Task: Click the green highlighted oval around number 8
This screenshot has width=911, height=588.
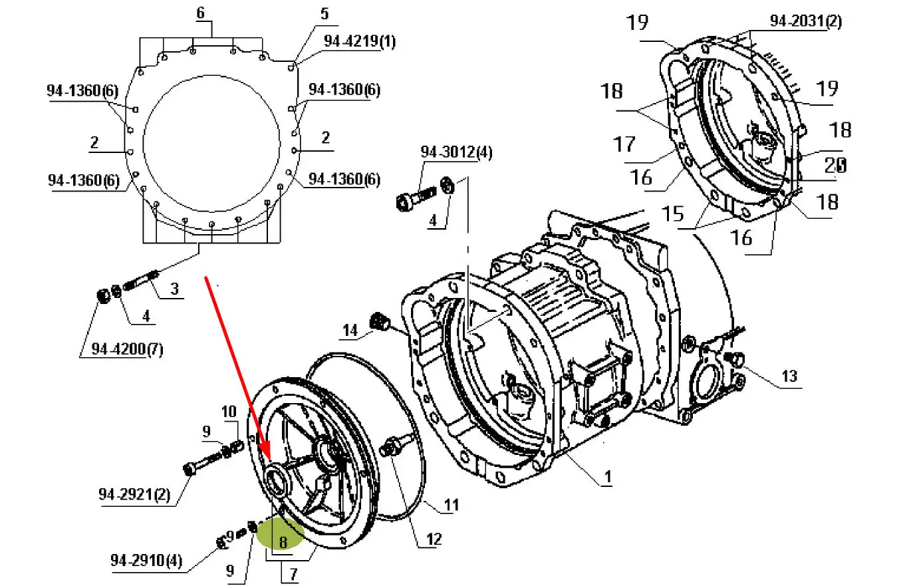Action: point(281,533)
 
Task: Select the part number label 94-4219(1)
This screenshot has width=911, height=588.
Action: point(360,41)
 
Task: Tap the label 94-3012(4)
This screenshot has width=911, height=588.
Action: point(456,152)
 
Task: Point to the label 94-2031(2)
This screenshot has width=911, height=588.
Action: point(806,21)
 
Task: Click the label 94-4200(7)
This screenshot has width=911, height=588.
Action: point(127,349)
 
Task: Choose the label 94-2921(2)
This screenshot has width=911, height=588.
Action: point(134,495)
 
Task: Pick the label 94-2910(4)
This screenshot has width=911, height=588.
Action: point(146,561)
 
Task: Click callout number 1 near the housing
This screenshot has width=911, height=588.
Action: point(608,476)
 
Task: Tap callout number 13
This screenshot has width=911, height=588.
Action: point(789,376)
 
